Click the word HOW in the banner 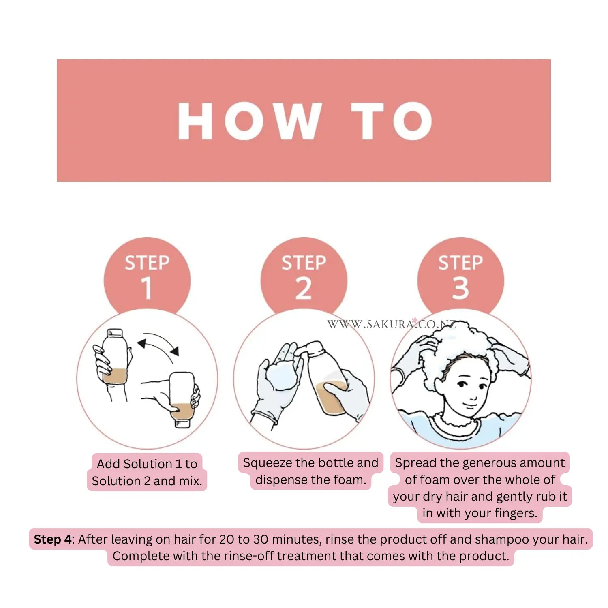pos(250,120)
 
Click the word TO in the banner pos(392,120)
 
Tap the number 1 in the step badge pos(147,288)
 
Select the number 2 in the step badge pos(304,288)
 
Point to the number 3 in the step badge pos(460,288)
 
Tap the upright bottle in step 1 pos(115,356)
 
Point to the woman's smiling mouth pos(470,405)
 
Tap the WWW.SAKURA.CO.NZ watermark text pos(392,324)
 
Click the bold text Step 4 pos(53,539)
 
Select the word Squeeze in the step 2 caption pos(268,463)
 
